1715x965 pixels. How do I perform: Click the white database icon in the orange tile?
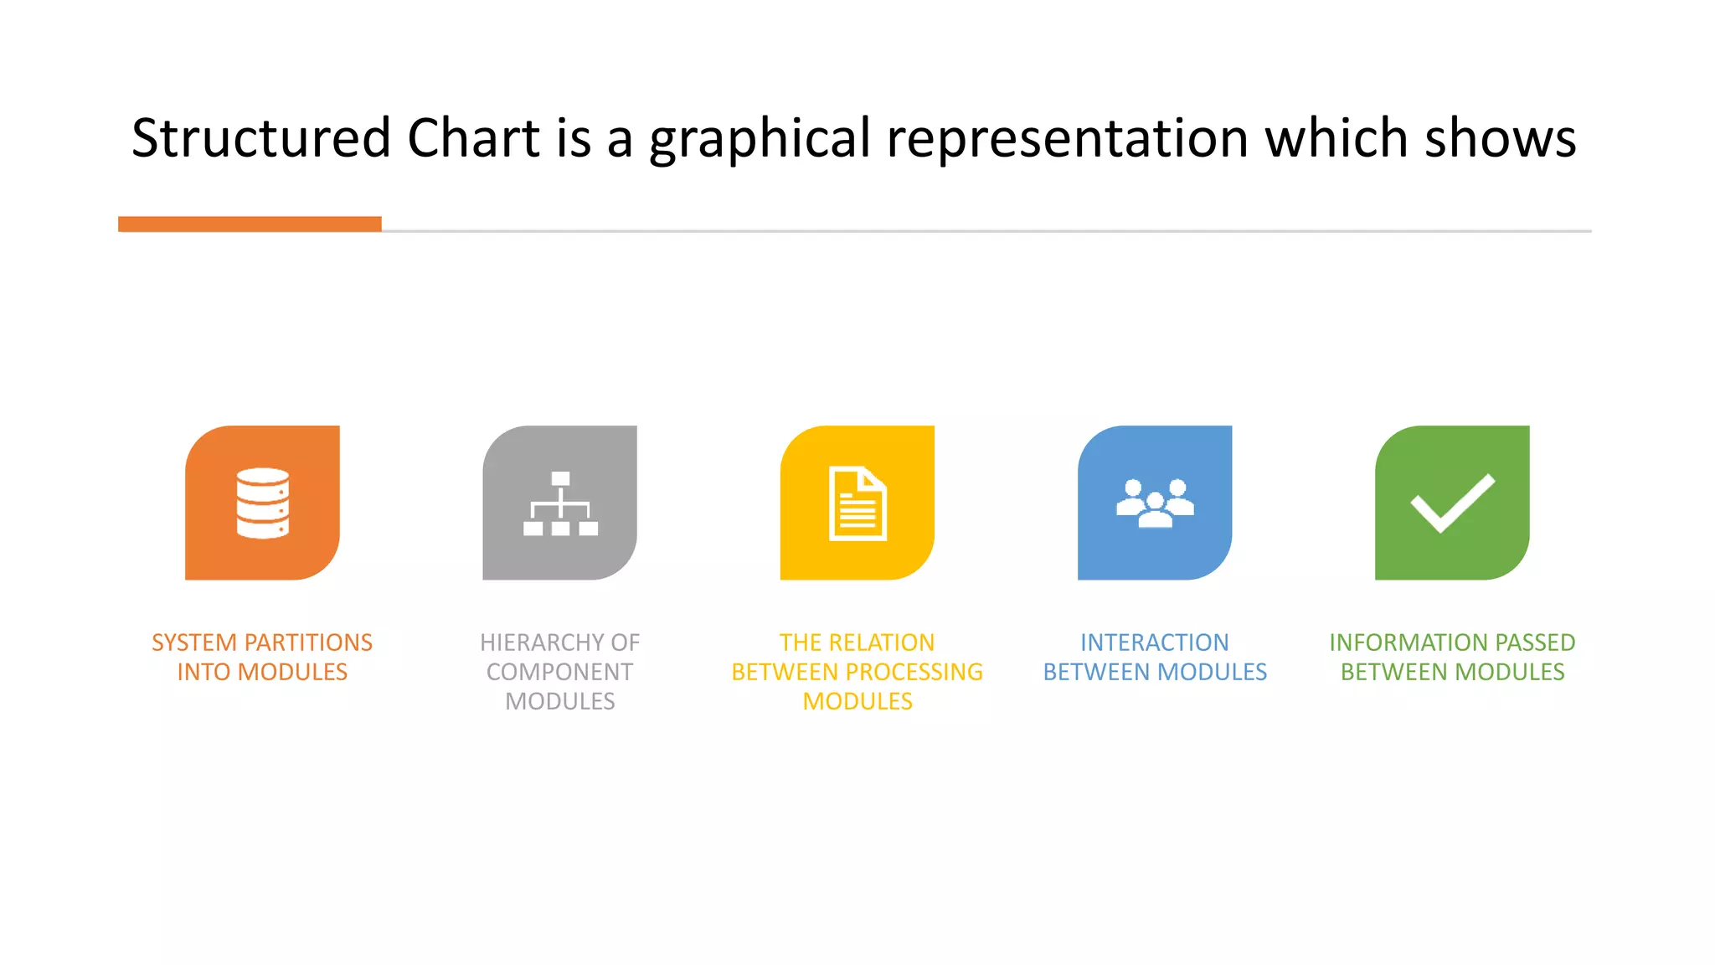coord(262,503)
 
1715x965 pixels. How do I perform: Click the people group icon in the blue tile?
coord(1155,503)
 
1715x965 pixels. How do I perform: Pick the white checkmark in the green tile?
coord(1452,503)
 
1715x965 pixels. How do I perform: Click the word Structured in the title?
coord(261,138)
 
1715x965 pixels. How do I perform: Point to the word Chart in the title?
coord(473,138)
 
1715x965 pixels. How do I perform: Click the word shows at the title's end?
coord(1501,138)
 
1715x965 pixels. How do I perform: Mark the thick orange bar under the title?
coord(250,224)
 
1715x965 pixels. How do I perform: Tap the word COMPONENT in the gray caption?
coord(559,672)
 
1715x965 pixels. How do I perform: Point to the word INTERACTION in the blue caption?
coord(1154,642)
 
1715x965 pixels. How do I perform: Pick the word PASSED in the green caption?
coord(1535,642)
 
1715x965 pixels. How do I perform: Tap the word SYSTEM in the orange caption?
coord(194,642)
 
